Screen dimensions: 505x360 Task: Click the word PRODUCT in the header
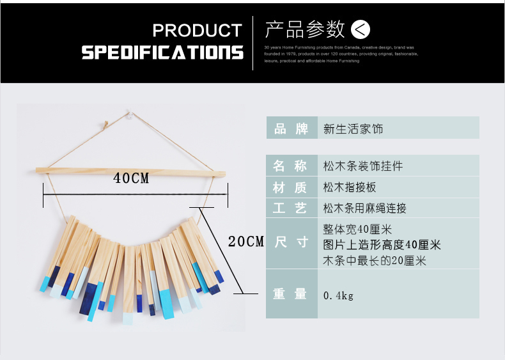point(197,31)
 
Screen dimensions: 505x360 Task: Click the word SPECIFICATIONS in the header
point(162,52)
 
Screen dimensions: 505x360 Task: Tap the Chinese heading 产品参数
point(305,29)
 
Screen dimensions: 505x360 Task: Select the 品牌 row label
point(291,129)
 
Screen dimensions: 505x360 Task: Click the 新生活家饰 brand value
point(353,129)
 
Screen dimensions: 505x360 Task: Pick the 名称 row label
point(291,166)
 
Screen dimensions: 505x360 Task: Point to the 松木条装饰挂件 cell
point(363,166)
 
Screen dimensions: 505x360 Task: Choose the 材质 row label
point(291,187)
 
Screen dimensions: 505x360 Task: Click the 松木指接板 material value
point(350,187)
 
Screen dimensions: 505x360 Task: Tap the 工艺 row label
point(291,208)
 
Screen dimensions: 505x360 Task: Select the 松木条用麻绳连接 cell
point(365,208)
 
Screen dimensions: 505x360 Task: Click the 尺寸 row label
point(291,242)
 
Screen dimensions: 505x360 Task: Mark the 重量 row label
point(291,294)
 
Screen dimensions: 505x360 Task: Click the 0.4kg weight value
point(338,295)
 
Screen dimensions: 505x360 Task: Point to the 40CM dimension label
point(131,179)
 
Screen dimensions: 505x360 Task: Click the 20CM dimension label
point(246,242)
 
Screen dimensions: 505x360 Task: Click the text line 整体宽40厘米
point(357,229)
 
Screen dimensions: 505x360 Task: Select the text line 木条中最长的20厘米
point(375,260)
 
